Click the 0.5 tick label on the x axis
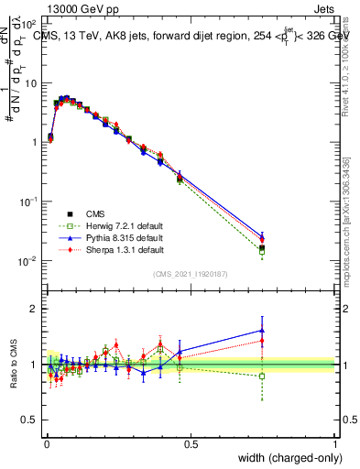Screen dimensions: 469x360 [x=191, y=444]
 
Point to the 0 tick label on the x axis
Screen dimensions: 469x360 [x=46, y=444]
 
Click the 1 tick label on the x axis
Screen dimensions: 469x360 [x=335, y=444]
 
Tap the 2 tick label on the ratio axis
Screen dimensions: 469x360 [x=33, y=309]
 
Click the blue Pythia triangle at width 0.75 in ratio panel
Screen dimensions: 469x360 [x=262, y=331]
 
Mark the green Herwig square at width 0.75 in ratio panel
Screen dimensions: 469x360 [x=262, y=376]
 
